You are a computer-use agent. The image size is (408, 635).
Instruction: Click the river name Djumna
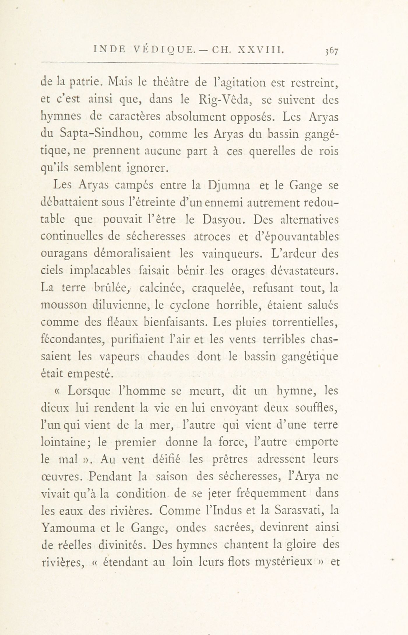point(228,186)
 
